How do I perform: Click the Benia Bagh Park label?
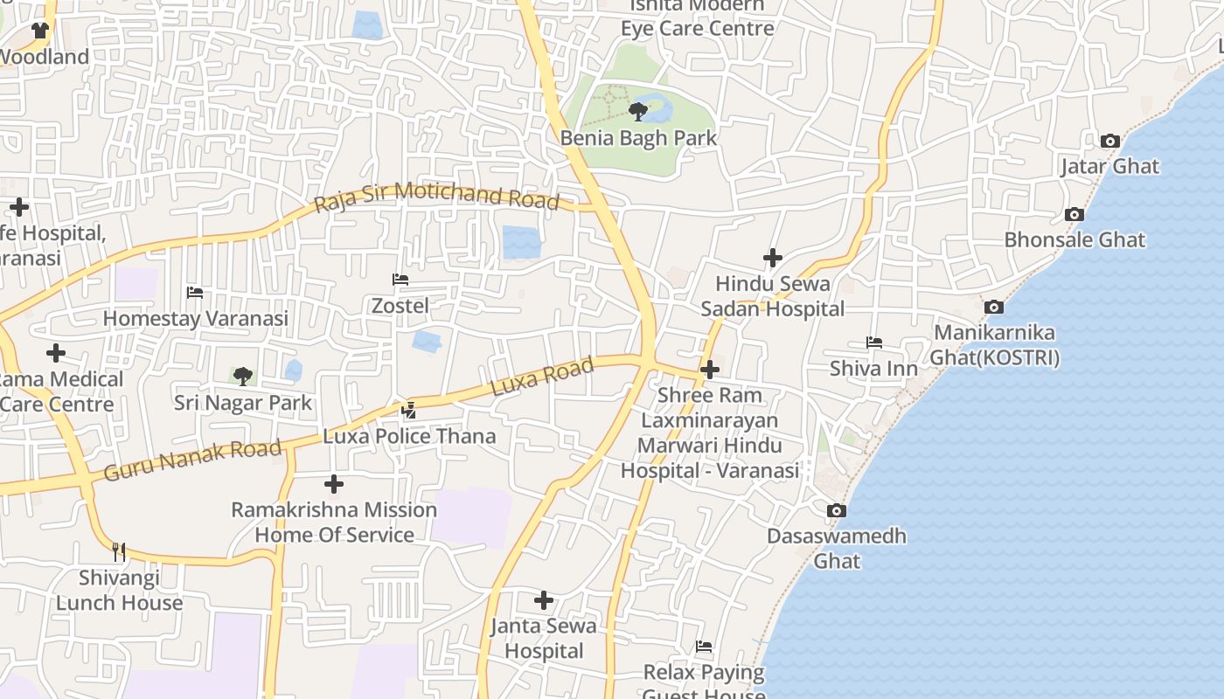tap(638, 138)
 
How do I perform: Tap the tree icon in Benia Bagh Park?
tap(638, 111)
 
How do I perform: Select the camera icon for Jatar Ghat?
tap(1109, 141)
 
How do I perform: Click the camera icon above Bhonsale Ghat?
tap(1074, 214)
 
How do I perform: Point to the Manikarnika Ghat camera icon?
tap(993, 307)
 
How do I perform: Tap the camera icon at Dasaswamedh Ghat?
tap(837, 510)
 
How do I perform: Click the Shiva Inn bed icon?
tap(873, 342)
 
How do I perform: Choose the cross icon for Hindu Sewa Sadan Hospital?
tap(772, 258)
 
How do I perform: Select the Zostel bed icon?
tap(400, 280)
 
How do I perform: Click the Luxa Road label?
tap(542, 377)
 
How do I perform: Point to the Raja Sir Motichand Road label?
tap(436, 196)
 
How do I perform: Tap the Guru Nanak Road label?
tap(192, 461)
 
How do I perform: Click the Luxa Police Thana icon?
tap(408, 409)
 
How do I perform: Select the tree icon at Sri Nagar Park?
tap(242, 376)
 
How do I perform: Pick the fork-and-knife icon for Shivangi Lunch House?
tap(119, 551)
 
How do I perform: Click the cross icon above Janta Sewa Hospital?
tap(544, 599)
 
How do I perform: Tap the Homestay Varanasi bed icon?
tap(195, 293)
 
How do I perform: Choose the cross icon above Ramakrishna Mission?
tap(333, 483)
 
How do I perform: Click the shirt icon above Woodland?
tap(39, 31)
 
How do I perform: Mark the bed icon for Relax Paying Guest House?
tap(704, 647)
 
